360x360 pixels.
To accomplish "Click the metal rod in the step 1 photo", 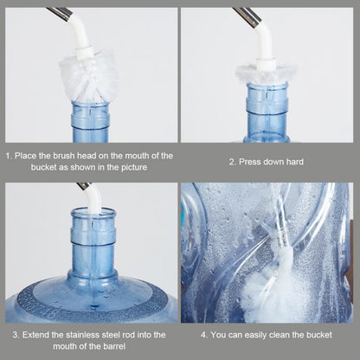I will [60, 12].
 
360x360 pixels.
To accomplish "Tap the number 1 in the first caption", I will [9, 156].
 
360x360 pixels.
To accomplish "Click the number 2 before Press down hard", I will [231, 162].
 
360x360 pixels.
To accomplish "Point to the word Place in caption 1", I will [29, 156].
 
